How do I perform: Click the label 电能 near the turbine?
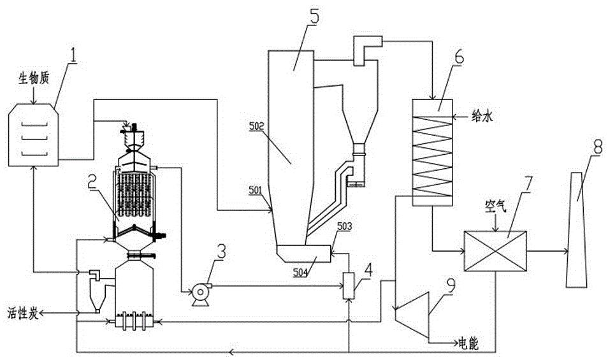[464, 344]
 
